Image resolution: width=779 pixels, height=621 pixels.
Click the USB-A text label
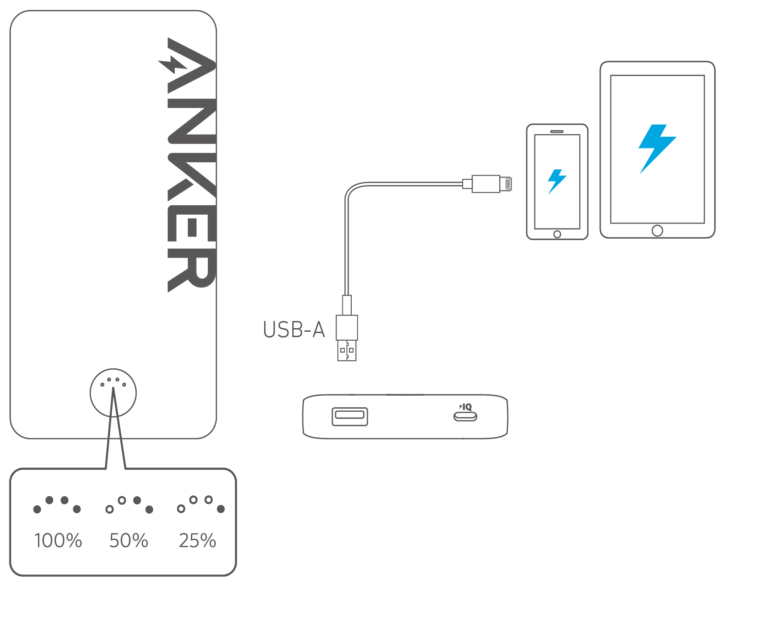pos(294,330)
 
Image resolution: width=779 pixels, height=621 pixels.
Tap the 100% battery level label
pos(58,541)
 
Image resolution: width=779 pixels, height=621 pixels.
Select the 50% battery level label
pos(129,541)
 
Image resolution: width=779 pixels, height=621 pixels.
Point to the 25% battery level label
pos(198,541)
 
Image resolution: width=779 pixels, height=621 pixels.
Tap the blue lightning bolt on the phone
pos(557,181)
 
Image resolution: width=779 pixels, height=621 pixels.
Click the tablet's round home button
pos(657,231)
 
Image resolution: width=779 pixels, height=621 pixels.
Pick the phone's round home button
pos(557,234)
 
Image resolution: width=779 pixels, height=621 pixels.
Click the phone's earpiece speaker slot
pos(557,132)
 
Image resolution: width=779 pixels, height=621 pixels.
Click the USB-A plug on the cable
pos(347,338)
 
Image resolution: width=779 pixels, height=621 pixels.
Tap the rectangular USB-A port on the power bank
pos(349,416)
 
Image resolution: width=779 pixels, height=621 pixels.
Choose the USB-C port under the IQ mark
pos(465,417)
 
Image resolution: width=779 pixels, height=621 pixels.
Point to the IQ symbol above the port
pos(466,407)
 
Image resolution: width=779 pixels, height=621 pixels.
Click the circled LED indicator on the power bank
pos(113,393)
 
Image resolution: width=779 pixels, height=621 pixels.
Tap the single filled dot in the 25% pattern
pos(221,509)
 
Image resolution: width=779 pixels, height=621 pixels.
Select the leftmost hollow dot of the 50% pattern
pos(109,509)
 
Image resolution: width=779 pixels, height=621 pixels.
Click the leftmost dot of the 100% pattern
pos(37,509)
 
